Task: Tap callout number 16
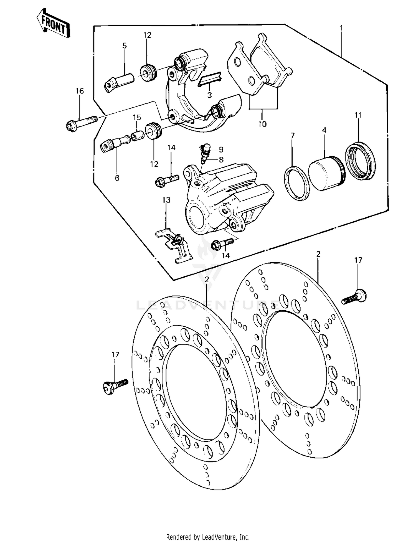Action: pos(80,91)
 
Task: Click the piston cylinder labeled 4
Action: pos(326,174)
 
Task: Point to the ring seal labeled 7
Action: pos(296,183)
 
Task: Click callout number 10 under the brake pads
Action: pos(262,124)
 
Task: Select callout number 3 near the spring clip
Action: pos(209,95)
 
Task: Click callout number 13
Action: pos(166,200)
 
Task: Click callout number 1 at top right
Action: pos(341,28)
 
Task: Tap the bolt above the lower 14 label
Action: pos(222,243)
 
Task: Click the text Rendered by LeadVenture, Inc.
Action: pos(208,537)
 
